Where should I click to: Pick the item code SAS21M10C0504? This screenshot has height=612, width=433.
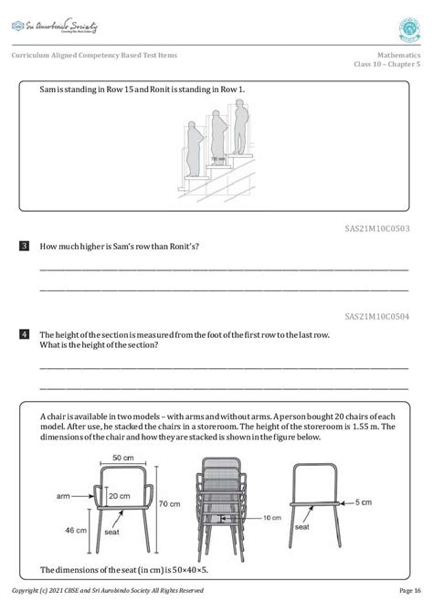tap(377, 317)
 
